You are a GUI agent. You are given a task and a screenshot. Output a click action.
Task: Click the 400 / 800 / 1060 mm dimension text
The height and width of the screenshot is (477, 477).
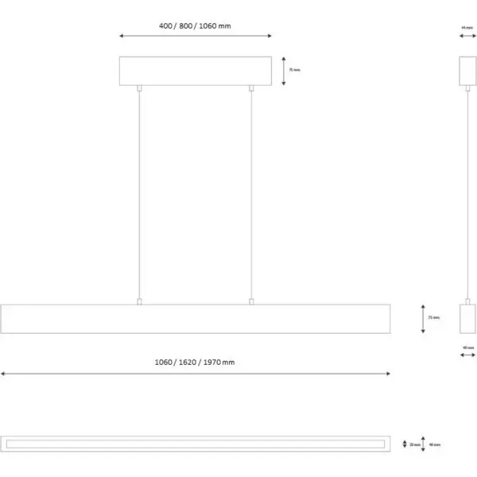(x=195, y=25)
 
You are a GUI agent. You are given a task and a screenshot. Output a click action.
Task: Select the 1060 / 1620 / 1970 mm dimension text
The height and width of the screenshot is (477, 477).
(x=195, y=362)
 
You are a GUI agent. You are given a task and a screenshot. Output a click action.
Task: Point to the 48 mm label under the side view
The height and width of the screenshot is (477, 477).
(x=467, y=347)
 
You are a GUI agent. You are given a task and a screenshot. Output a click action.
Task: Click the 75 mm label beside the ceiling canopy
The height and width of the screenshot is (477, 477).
(x=294, y=70)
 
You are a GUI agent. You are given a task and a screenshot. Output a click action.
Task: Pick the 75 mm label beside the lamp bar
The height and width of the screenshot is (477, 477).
(x=432, y=317)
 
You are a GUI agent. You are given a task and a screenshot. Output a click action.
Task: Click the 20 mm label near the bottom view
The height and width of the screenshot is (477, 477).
(x=415, y=444)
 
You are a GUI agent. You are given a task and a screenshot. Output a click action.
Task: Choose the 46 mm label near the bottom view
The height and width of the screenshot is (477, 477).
(x=435, y=444)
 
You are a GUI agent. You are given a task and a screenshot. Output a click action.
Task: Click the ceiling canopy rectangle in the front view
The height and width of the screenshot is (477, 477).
(x=196, y=70)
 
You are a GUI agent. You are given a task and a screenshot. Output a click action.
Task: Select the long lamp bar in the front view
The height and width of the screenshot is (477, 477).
(x=196, y=318)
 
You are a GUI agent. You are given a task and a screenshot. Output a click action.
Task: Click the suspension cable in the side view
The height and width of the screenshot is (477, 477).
(x=467, y=191)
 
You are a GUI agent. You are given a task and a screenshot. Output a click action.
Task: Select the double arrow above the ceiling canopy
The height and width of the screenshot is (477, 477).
(x=196, y=36)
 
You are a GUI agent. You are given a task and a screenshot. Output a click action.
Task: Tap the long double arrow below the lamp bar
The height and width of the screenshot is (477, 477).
(x=196, y=373)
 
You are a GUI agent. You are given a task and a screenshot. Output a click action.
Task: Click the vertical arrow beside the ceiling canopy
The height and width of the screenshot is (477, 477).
(x=285, y=70)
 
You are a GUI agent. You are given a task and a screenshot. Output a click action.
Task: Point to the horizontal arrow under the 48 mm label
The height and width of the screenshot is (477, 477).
(x=467, y=355)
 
